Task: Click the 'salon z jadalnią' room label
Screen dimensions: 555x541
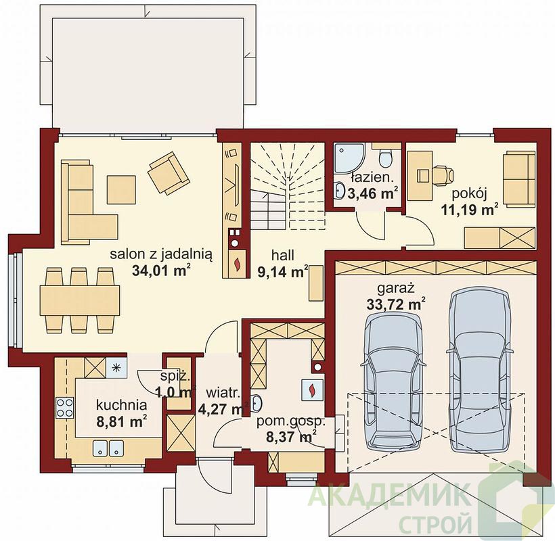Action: [161, 255]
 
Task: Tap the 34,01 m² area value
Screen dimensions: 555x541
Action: [162, 270]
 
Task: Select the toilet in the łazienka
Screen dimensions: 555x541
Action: [384, 158]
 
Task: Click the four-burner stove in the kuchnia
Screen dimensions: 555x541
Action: [65, 408]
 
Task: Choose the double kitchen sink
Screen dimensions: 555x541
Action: [108, 448]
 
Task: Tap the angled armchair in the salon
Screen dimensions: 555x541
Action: [169, 173]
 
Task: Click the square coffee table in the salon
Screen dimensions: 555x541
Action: [121, 189]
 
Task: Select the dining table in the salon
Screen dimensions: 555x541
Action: [80, 300]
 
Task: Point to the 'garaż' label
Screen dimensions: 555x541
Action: [396, 289]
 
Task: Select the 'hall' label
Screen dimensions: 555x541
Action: [283, 255]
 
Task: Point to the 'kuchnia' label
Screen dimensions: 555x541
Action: [121, 405]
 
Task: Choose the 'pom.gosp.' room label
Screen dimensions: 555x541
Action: [290, 421]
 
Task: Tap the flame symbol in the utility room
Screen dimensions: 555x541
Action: [312, 390]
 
